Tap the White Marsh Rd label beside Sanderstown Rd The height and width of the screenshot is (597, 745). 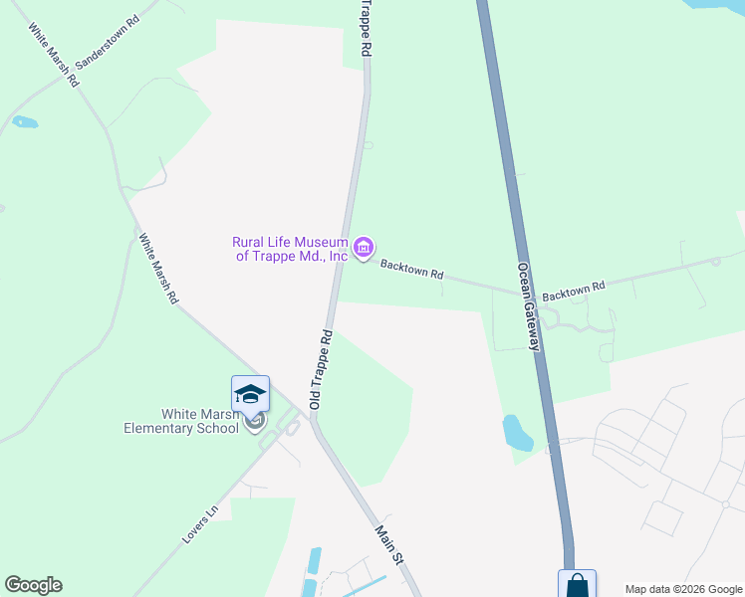point(53,57)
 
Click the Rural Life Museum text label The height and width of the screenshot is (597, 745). point(290,249)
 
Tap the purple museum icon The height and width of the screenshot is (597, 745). point(363,247)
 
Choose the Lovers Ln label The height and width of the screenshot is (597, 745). point(199,526)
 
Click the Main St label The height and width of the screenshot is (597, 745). point(388,546)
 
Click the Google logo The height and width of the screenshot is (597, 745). point(33,585)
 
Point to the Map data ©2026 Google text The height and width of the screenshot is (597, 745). point(682,589)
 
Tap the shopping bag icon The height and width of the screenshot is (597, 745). point(577,586)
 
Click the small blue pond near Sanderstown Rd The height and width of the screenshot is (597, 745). point(25,123)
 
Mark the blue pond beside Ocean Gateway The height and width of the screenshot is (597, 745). point(517,432)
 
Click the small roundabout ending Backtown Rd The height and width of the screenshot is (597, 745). point(715,262)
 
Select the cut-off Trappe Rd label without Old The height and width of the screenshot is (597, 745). point(366,29)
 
